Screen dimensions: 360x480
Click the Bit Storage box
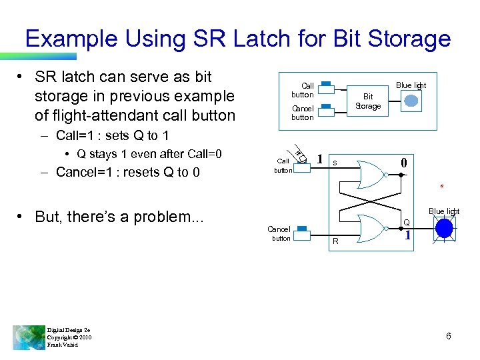coord(367,101)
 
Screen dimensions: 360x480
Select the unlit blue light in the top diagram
coord(412,100)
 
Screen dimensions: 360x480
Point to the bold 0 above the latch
coord(403,163)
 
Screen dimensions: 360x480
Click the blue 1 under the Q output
coord(408,235)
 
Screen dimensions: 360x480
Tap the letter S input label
coord(335,162)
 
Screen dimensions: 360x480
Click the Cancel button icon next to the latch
coord(302,229)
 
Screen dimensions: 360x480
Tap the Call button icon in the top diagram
coord(326,85)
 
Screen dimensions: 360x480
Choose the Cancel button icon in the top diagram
coord(326,107)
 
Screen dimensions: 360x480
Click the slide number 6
coord(449,336)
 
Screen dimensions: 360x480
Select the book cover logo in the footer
coord(29,337)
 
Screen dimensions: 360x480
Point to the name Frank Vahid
coord(63,345)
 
